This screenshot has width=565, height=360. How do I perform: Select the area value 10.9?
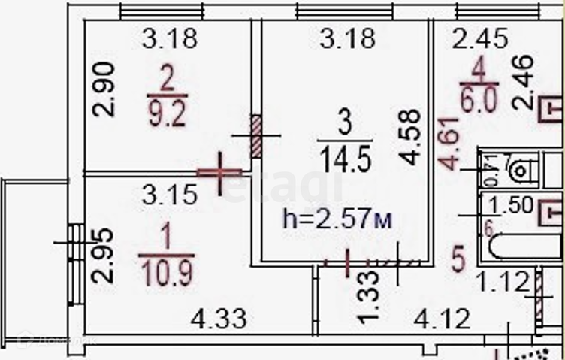166,269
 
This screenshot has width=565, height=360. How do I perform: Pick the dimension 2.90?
105,89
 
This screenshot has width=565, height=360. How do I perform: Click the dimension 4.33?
219,320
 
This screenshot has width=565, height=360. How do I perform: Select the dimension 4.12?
443,320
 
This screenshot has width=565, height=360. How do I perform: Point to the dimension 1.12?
503,283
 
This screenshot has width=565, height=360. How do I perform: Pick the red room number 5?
459,259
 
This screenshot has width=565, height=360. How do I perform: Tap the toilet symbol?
520,171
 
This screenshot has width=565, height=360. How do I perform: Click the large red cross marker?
220,173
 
